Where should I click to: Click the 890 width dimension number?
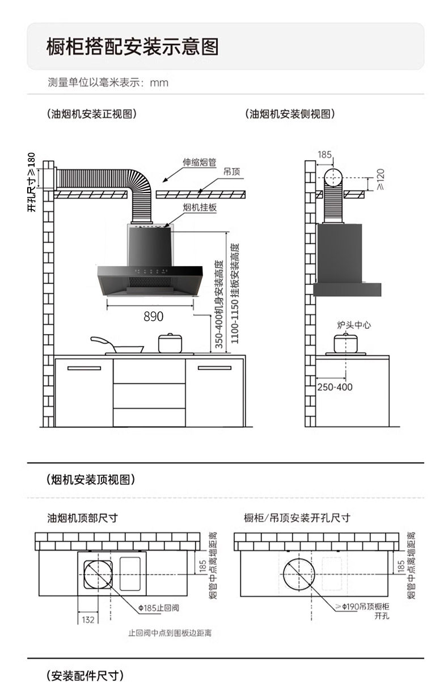(153, 316)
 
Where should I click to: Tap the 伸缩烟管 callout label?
(199, 162)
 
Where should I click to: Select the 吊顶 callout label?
(231, 172)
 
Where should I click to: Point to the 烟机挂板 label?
(200, 208)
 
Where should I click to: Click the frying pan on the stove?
(117, 346)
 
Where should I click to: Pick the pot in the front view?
(170, 343)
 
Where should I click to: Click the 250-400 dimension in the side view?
(335, 387)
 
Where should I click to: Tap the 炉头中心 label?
(354, 325)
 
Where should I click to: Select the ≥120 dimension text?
(381, 180)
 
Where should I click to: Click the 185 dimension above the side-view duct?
(324, 155)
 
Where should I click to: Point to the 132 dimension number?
(88, 620)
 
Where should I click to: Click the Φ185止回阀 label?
(158, 608)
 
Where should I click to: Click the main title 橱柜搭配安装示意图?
(133, 46)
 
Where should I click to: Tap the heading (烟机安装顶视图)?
(91, 480)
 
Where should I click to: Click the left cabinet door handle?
(84, 368)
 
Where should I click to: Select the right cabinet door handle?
(214, 368)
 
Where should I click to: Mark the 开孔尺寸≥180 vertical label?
(31, 182)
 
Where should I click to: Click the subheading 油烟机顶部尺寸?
(82, 518)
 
